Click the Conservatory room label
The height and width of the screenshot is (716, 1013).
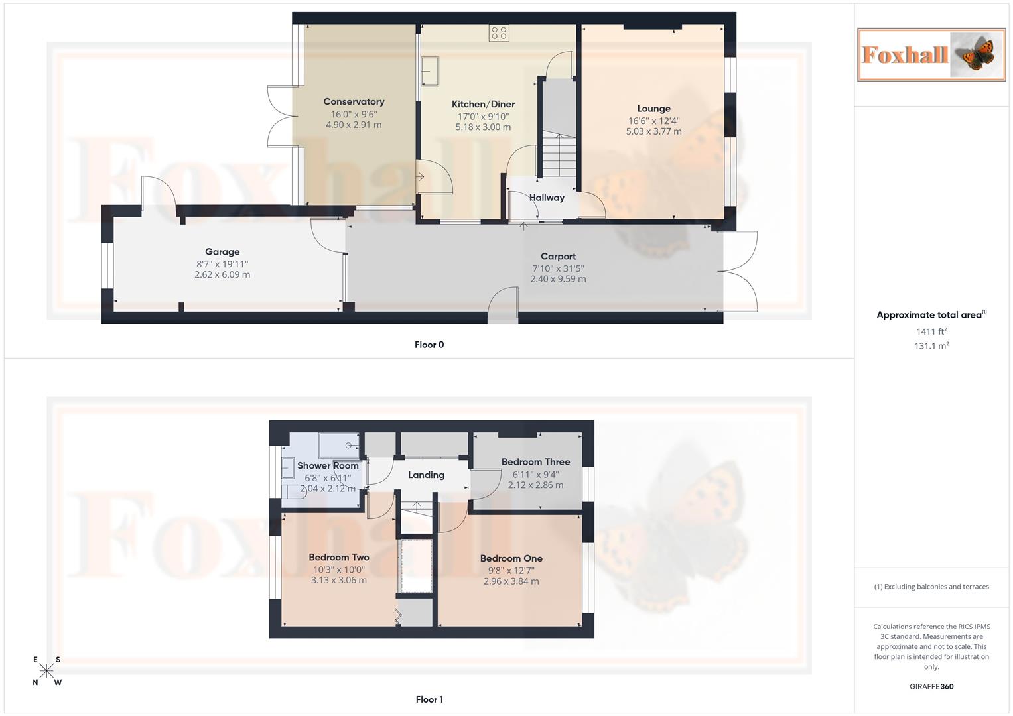(x=354, y=101)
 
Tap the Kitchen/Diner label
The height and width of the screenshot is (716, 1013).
(x=483, y=104)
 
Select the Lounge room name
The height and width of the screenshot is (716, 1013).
(x=653, y=109)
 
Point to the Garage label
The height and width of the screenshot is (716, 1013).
(x=222, y=252)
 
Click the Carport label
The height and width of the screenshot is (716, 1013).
(x=558, y=257)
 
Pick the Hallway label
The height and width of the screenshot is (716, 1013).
(x=547, y=198)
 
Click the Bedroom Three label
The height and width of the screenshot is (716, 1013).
(x=535, y=462)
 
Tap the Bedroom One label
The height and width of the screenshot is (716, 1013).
(x=511, y=558)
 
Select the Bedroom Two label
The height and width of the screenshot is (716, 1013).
(x=338, y=558)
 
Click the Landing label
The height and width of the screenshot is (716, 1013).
(x=426, y=475)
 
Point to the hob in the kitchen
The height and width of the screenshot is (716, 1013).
(x=499, y=32)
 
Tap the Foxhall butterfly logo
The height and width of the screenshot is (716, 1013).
(x=931, y=54)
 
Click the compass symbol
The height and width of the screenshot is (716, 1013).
(x=46, y=671)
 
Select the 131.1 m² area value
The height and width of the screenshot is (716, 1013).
(x=931, y=346)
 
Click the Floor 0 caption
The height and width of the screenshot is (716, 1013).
(x=429, y=345)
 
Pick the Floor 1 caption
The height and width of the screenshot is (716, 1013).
(x=429, y=699)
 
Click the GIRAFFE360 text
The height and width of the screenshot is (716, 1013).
(x=931, y=687)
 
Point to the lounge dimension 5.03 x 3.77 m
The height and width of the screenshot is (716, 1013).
(x=653, y=131)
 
